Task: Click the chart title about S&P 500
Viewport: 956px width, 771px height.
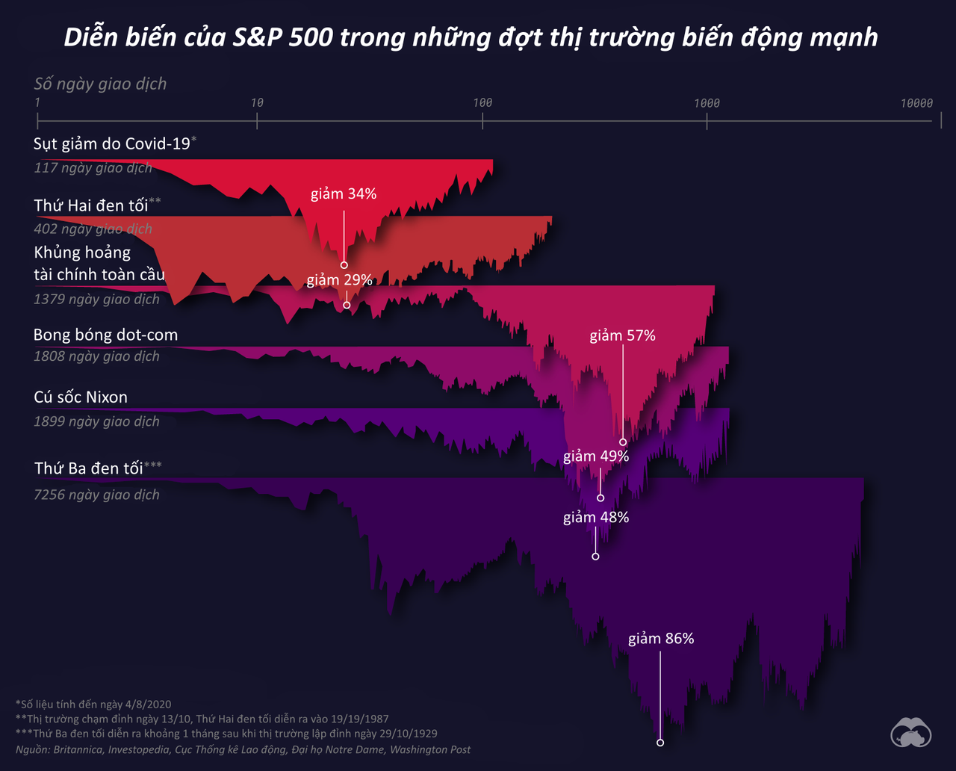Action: tap(471, 37)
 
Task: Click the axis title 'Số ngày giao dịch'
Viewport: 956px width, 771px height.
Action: tap(100, 84)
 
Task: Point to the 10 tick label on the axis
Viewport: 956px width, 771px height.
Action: tap(257, 102)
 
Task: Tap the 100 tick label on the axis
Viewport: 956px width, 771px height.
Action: tap(482, 102)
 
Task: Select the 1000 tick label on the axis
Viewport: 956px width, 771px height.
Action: tap(707, 102)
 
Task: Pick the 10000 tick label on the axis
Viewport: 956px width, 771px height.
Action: tap(916, 102)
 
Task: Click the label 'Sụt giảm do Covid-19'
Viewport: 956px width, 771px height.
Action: tap(112, 143)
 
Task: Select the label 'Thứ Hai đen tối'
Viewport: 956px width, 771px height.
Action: tap(91, 205)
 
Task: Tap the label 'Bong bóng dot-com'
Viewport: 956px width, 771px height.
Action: tap(105, 335)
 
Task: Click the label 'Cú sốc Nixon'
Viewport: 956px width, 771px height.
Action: tap(81, 397)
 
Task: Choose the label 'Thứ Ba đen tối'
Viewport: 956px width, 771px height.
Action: tap(88, 468)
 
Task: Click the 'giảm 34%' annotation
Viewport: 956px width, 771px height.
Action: tap(344, 194)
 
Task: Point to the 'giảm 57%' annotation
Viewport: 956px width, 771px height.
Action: tap(622, 336)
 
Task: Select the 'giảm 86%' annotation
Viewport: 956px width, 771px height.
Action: tap(661, 639)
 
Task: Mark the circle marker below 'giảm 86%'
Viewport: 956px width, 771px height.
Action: tap(660, 743)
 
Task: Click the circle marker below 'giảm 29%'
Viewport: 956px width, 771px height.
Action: tap(347, 305)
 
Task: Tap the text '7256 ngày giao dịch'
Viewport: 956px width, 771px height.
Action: tap(96, 495)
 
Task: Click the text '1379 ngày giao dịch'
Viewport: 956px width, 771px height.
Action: tap(96, 299)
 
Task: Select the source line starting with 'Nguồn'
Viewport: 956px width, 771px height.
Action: tap(243, 749)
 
